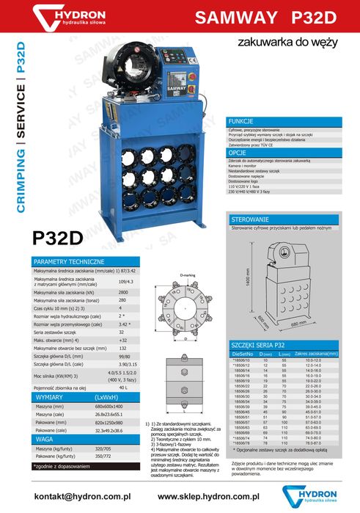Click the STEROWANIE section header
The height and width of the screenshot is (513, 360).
coord(250,220)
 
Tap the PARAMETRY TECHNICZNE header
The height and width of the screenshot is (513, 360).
coord(66,262)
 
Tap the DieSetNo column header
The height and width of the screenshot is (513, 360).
coord(243,354)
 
